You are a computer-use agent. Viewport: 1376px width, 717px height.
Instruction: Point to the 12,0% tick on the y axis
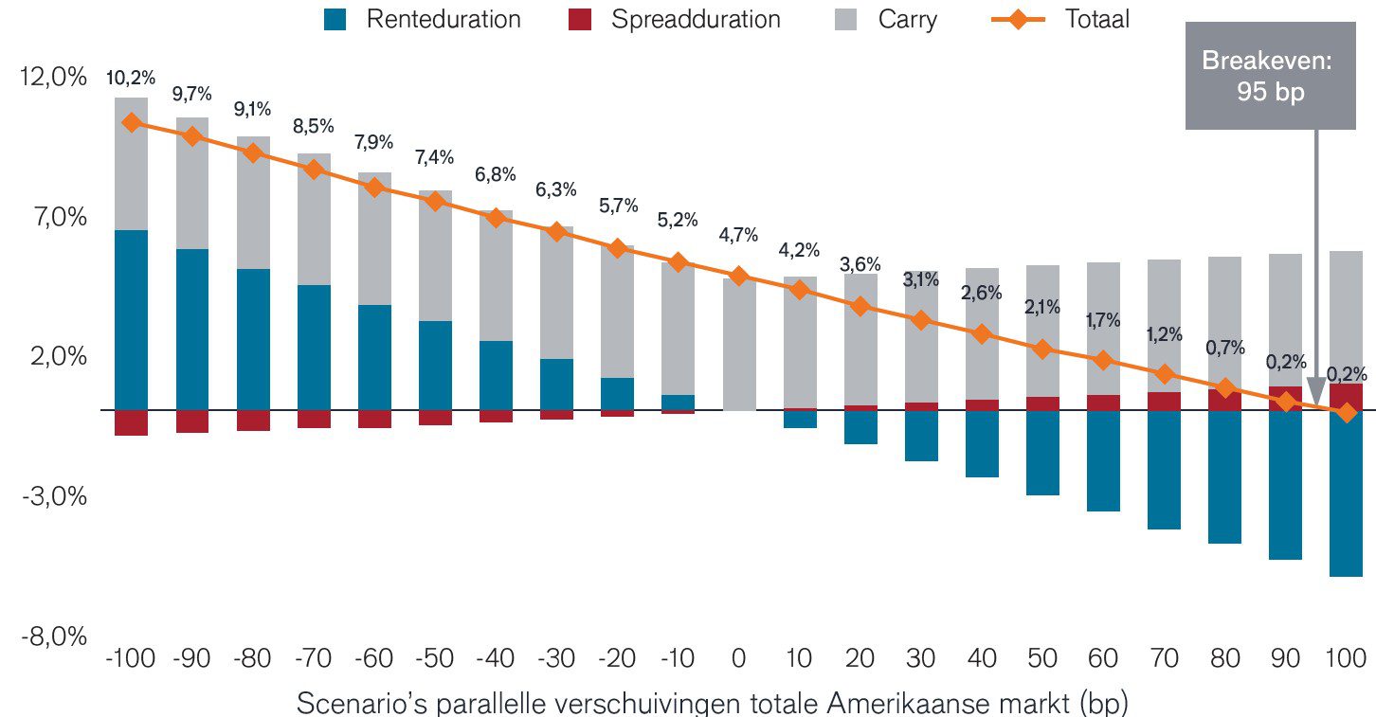(53, 78)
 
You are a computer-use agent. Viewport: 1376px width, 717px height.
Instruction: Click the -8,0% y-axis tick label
(53, 636)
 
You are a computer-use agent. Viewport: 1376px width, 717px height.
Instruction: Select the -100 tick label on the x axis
(131, 658)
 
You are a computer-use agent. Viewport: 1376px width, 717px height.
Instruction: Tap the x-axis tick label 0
(739, 658)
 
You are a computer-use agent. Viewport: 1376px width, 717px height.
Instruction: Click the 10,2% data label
(131, 78)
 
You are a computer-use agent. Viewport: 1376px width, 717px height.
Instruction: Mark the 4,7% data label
(739, 235)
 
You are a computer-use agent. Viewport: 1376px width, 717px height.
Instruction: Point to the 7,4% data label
(435, 157)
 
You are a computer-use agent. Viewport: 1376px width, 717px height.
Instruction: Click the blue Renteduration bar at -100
(131, 320)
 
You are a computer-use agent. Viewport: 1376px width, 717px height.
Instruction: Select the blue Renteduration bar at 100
(1345, 493)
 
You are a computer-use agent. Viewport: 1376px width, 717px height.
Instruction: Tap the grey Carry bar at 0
(739, 344)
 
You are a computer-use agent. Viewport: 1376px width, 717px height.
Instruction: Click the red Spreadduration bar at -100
(131, 422)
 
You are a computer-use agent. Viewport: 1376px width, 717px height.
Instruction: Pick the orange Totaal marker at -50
(435, 201)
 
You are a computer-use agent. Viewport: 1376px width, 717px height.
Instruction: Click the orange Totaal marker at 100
(1345, 412)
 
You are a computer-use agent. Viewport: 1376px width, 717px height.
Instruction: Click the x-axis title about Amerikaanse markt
(713, 704)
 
